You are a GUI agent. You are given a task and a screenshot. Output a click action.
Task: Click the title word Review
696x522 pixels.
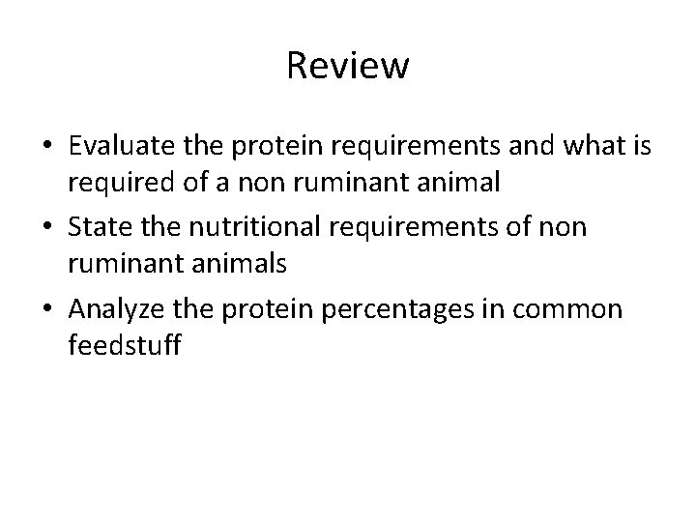tap(348, 67)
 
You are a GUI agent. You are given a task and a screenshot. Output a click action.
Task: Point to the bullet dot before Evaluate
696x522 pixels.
tap(47, 149)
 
